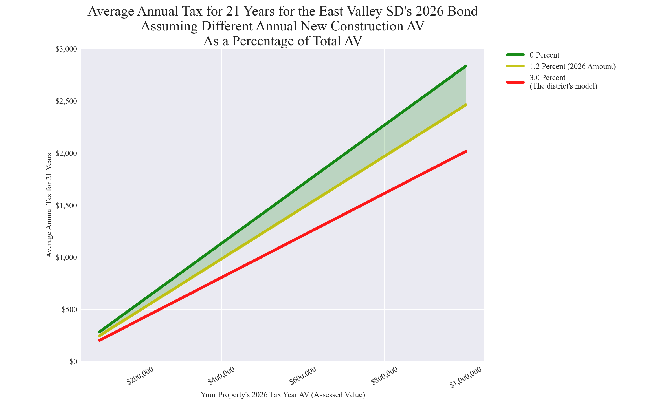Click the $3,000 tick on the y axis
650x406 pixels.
point(67,49)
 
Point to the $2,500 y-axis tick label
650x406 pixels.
point(67,101)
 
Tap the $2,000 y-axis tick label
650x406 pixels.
point(67,153)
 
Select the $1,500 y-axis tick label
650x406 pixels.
point(67,206)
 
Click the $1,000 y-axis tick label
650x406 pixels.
point(67,257)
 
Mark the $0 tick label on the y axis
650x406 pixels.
point(73,362)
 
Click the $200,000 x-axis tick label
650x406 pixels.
point(140,376)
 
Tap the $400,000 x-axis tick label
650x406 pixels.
point(221,376)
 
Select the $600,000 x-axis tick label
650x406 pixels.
point(303,376)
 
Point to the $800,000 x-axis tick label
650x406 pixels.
point(384,376)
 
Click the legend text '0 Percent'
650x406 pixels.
point(544,55)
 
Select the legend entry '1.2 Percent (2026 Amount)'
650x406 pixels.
point(572,66)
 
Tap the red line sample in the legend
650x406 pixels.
point(515,82)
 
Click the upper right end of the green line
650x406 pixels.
point(466,66)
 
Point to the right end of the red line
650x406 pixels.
point(466,151)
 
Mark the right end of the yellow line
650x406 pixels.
point(466,105)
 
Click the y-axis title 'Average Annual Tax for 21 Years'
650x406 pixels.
point(49,205)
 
